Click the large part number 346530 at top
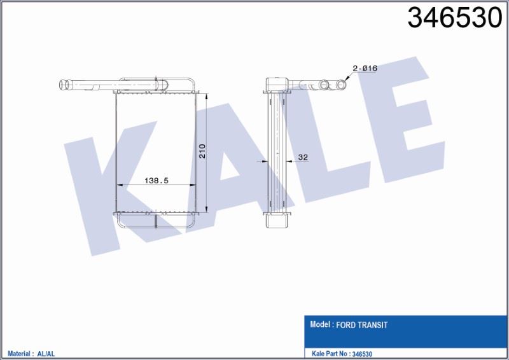(455, 18)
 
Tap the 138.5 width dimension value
(157, 181)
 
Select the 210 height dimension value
(202, 151)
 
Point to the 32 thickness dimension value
(303, 158)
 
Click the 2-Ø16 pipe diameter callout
(365, 69)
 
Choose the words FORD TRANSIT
(361, 325)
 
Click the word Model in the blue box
(320, 324)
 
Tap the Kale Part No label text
(330, 354)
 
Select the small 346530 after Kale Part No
(362, 354)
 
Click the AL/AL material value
(46, 354)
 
